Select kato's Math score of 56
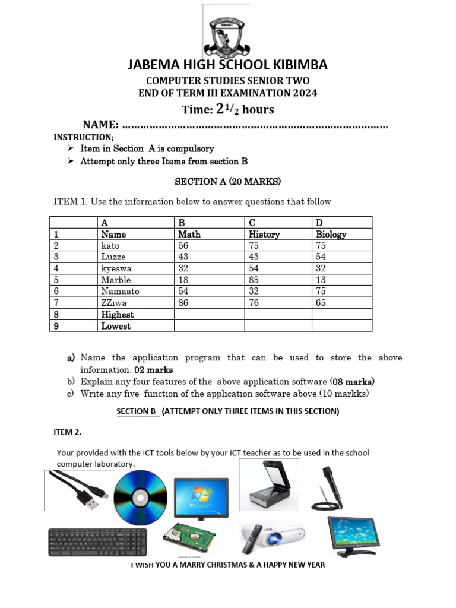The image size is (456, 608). click(183, 246)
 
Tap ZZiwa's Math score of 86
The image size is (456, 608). click(183, 303)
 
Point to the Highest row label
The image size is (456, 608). click(117, 315)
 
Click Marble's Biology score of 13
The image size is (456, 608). click(321, 280)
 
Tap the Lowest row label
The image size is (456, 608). click(116, 326)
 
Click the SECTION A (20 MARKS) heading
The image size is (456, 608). click(227, 181)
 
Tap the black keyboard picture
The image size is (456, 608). click(97, 541)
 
